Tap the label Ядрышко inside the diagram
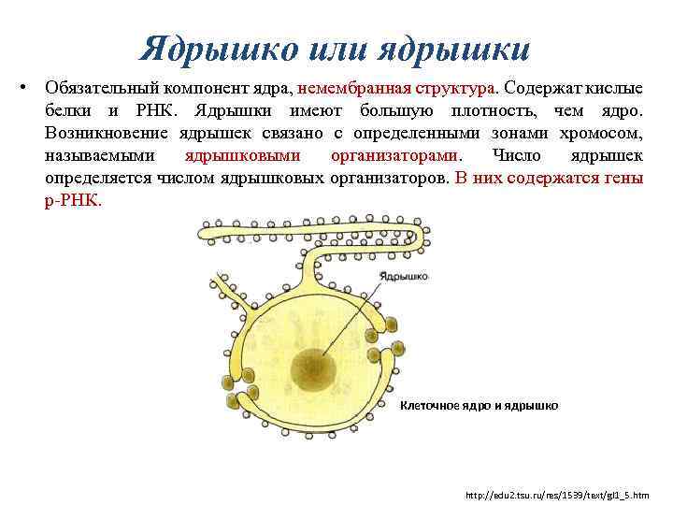coord(403,276)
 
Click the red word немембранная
coord(355,88)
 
